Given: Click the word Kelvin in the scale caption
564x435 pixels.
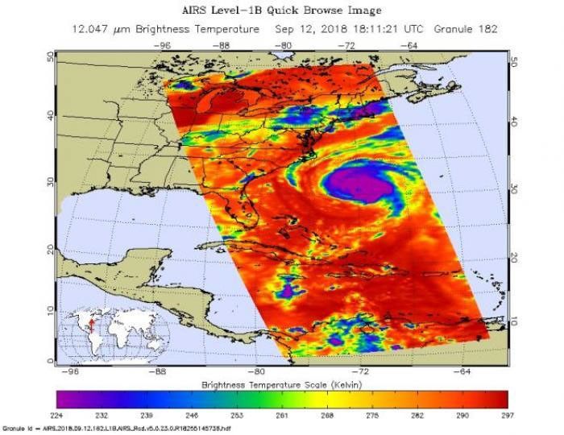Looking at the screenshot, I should point(348,385).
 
